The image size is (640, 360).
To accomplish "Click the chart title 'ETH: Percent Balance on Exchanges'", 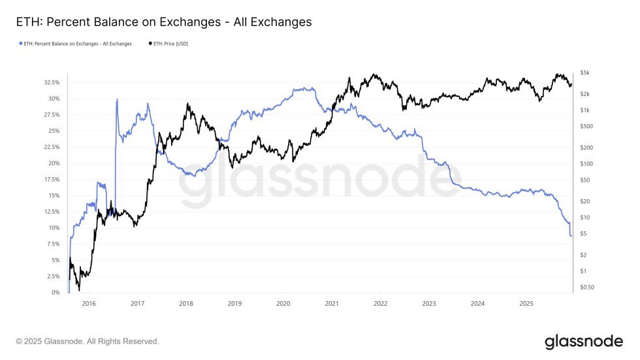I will point(163,22).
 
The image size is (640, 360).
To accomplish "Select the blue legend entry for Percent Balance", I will point(74,44).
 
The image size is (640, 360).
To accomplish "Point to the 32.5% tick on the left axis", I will point(51,83).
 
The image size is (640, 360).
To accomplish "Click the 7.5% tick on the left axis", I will point(52,244).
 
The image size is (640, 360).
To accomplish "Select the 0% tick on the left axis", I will point(55,293).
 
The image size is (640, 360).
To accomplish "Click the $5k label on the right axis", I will point(585,73).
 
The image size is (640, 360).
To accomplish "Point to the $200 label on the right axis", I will point(586,148).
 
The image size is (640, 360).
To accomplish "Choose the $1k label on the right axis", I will point(585,110).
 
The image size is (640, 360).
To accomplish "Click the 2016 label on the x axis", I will point(89,304).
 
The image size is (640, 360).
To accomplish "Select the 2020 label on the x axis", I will point(283,304).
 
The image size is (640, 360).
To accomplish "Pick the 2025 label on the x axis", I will point(526,304).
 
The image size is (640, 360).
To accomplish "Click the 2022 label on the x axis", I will point(381,304).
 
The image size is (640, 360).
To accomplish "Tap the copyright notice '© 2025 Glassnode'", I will point(88,342).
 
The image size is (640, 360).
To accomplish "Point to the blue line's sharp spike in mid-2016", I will point(117,100).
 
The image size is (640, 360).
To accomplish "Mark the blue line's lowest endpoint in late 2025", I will point(571,236).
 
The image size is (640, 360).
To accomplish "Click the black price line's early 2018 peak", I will point(188,104).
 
